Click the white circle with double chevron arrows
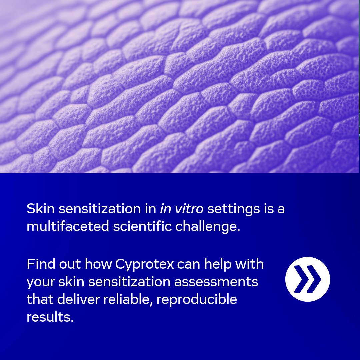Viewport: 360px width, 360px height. coord(307,279)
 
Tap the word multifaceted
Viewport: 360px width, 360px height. coord(68,226)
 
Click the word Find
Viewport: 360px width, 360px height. coord(39,264)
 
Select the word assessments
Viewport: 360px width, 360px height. coord(216,282)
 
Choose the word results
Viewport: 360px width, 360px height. coord(50,317)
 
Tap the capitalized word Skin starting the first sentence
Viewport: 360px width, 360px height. coord(40,209)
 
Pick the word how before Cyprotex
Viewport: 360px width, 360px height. coord(99,264)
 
